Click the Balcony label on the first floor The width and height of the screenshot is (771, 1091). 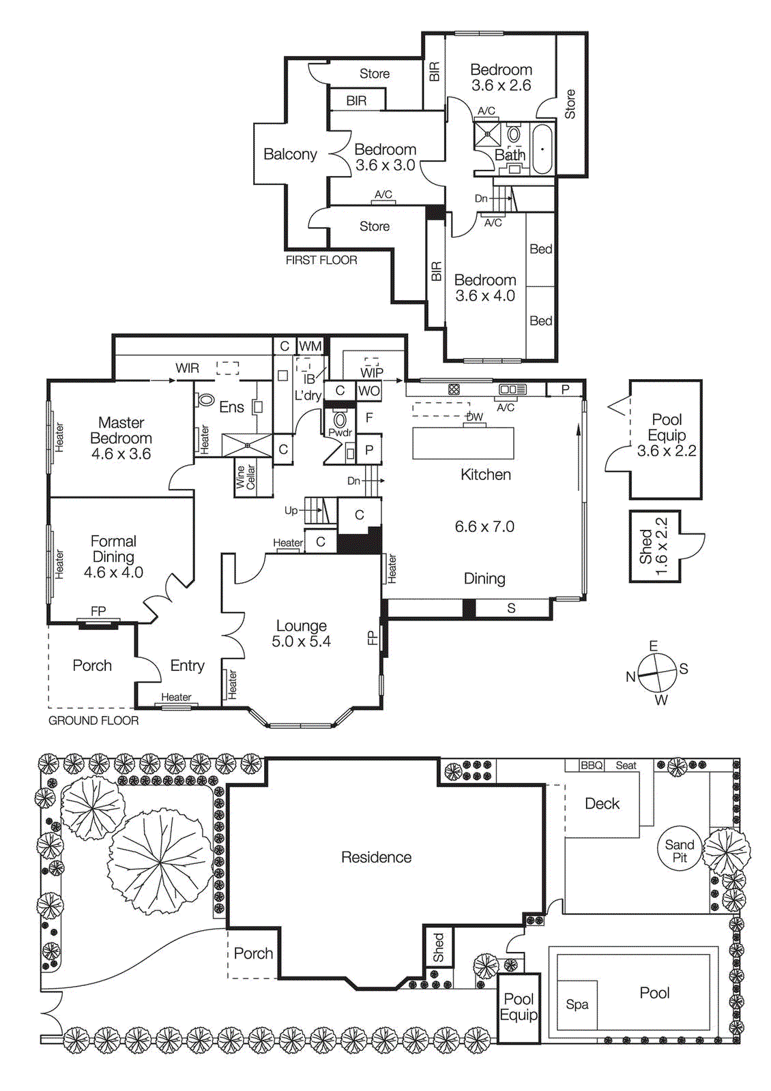click(x=290, y=154)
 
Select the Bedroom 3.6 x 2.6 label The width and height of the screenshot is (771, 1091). click(x=501, y=77)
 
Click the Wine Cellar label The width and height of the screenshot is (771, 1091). click(x=245, y=477)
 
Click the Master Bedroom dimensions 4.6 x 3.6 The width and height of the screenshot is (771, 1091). click(x=121, y=454)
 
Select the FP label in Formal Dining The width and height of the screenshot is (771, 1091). click(x=98, y=611)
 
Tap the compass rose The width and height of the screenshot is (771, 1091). click(x=656, y=672)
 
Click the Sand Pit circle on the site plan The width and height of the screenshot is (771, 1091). click(x=679, y=850)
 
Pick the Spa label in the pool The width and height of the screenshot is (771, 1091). click(x=577, y=1004)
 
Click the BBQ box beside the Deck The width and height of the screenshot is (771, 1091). click(x=592, y=765)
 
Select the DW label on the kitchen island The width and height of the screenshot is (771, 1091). click(x=474, y=417)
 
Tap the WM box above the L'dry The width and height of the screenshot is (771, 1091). click(x=310, y=346)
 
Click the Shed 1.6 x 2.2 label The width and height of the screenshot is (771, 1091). click(x=653, y=547)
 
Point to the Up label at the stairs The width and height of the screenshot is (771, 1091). click(x=291, y=511)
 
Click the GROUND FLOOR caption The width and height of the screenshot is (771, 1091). click(x=93, y=721)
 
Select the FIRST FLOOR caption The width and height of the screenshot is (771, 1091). click(x=321, y=260)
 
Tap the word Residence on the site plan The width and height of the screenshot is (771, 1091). click(x=376, y=857)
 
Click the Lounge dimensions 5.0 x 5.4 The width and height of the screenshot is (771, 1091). click(x=301, y=642)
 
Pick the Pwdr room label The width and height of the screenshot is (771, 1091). click(x=340, y=432)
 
